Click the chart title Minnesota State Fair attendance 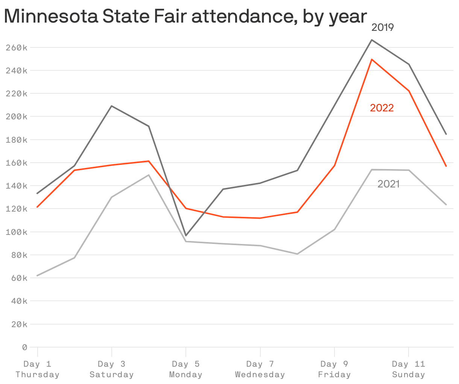185,17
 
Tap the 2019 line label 382,27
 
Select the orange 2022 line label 381,108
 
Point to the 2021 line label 388,184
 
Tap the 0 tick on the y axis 24,347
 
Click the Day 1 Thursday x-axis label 37,369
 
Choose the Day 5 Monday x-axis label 186,369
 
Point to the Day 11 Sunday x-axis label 409,369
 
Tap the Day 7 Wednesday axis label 260,369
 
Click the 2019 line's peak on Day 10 372,40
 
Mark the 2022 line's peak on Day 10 372,59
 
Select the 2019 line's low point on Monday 186,236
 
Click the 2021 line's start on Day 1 37,276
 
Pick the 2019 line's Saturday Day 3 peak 112,106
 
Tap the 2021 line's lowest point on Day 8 297,254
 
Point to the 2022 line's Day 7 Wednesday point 260,218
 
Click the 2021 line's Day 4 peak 149,175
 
